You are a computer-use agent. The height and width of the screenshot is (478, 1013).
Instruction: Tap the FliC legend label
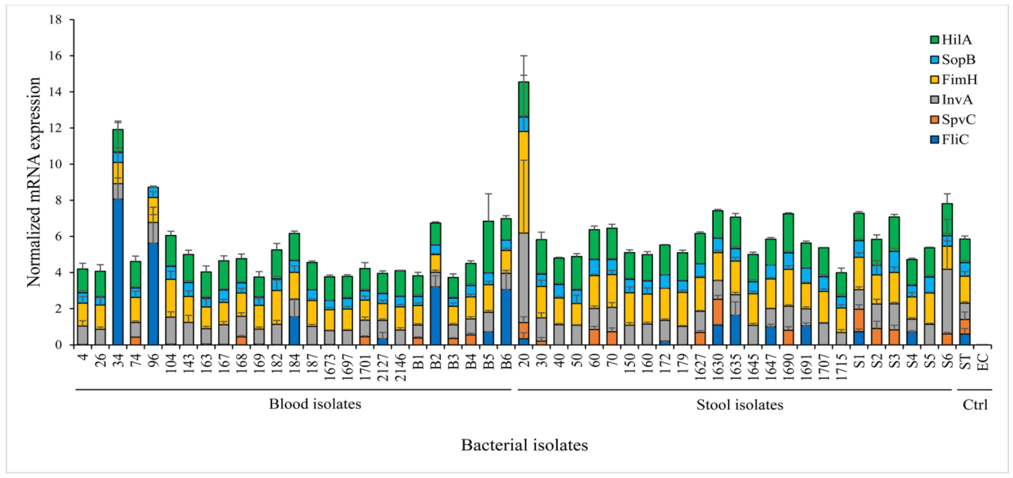tap(955, 140)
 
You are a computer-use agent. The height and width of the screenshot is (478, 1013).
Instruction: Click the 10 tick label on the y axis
tap(55, 164)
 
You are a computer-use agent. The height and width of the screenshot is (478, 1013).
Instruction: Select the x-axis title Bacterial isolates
tap(524, 445)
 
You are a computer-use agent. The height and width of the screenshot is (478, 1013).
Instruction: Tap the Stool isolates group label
tap(739, 405)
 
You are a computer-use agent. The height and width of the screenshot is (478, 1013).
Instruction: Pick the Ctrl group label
tap(975, 405)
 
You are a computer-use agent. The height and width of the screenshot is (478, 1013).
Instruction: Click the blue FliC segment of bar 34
tap(118, 272)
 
